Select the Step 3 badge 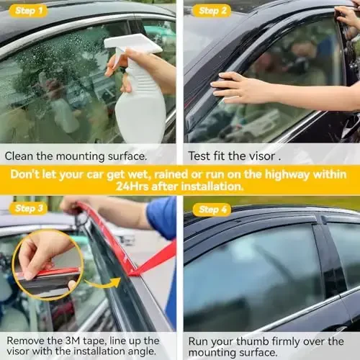coord(29,209)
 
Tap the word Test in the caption coord(200,155)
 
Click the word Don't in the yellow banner coord(27,174)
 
